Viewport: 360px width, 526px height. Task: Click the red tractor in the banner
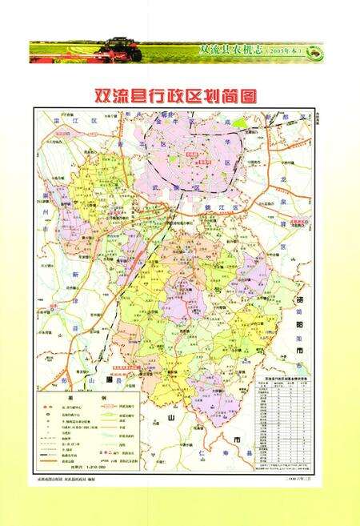point(124,49)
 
